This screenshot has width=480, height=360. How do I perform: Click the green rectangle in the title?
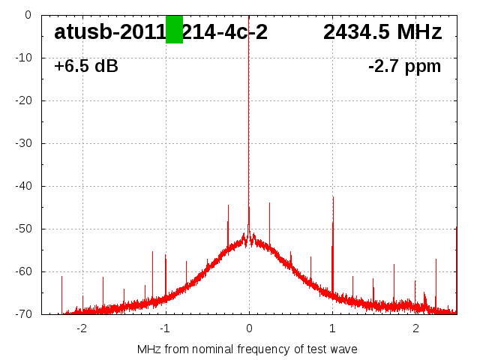pos(174,29)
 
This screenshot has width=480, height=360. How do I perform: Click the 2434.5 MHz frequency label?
pos(382,32)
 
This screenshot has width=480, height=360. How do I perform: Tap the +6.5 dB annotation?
pos(85,66)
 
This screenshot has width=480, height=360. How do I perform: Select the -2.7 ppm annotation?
pos(404,66)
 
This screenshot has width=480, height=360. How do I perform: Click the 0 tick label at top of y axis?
pos(27,15)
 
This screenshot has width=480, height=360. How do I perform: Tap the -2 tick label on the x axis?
pos(82,328)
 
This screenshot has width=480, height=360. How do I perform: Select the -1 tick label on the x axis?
pos(165,328)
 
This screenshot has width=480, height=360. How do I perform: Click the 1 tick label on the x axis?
pos(332,328)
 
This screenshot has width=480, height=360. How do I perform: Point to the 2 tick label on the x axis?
pos(415,328)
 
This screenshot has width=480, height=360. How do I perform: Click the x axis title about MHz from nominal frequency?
pos(247,349)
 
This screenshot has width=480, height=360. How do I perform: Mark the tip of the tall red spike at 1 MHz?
pos(333,196)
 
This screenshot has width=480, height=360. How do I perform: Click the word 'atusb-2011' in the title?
pos(109,32)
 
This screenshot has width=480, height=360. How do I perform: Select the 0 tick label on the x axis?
pos(249,328)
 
